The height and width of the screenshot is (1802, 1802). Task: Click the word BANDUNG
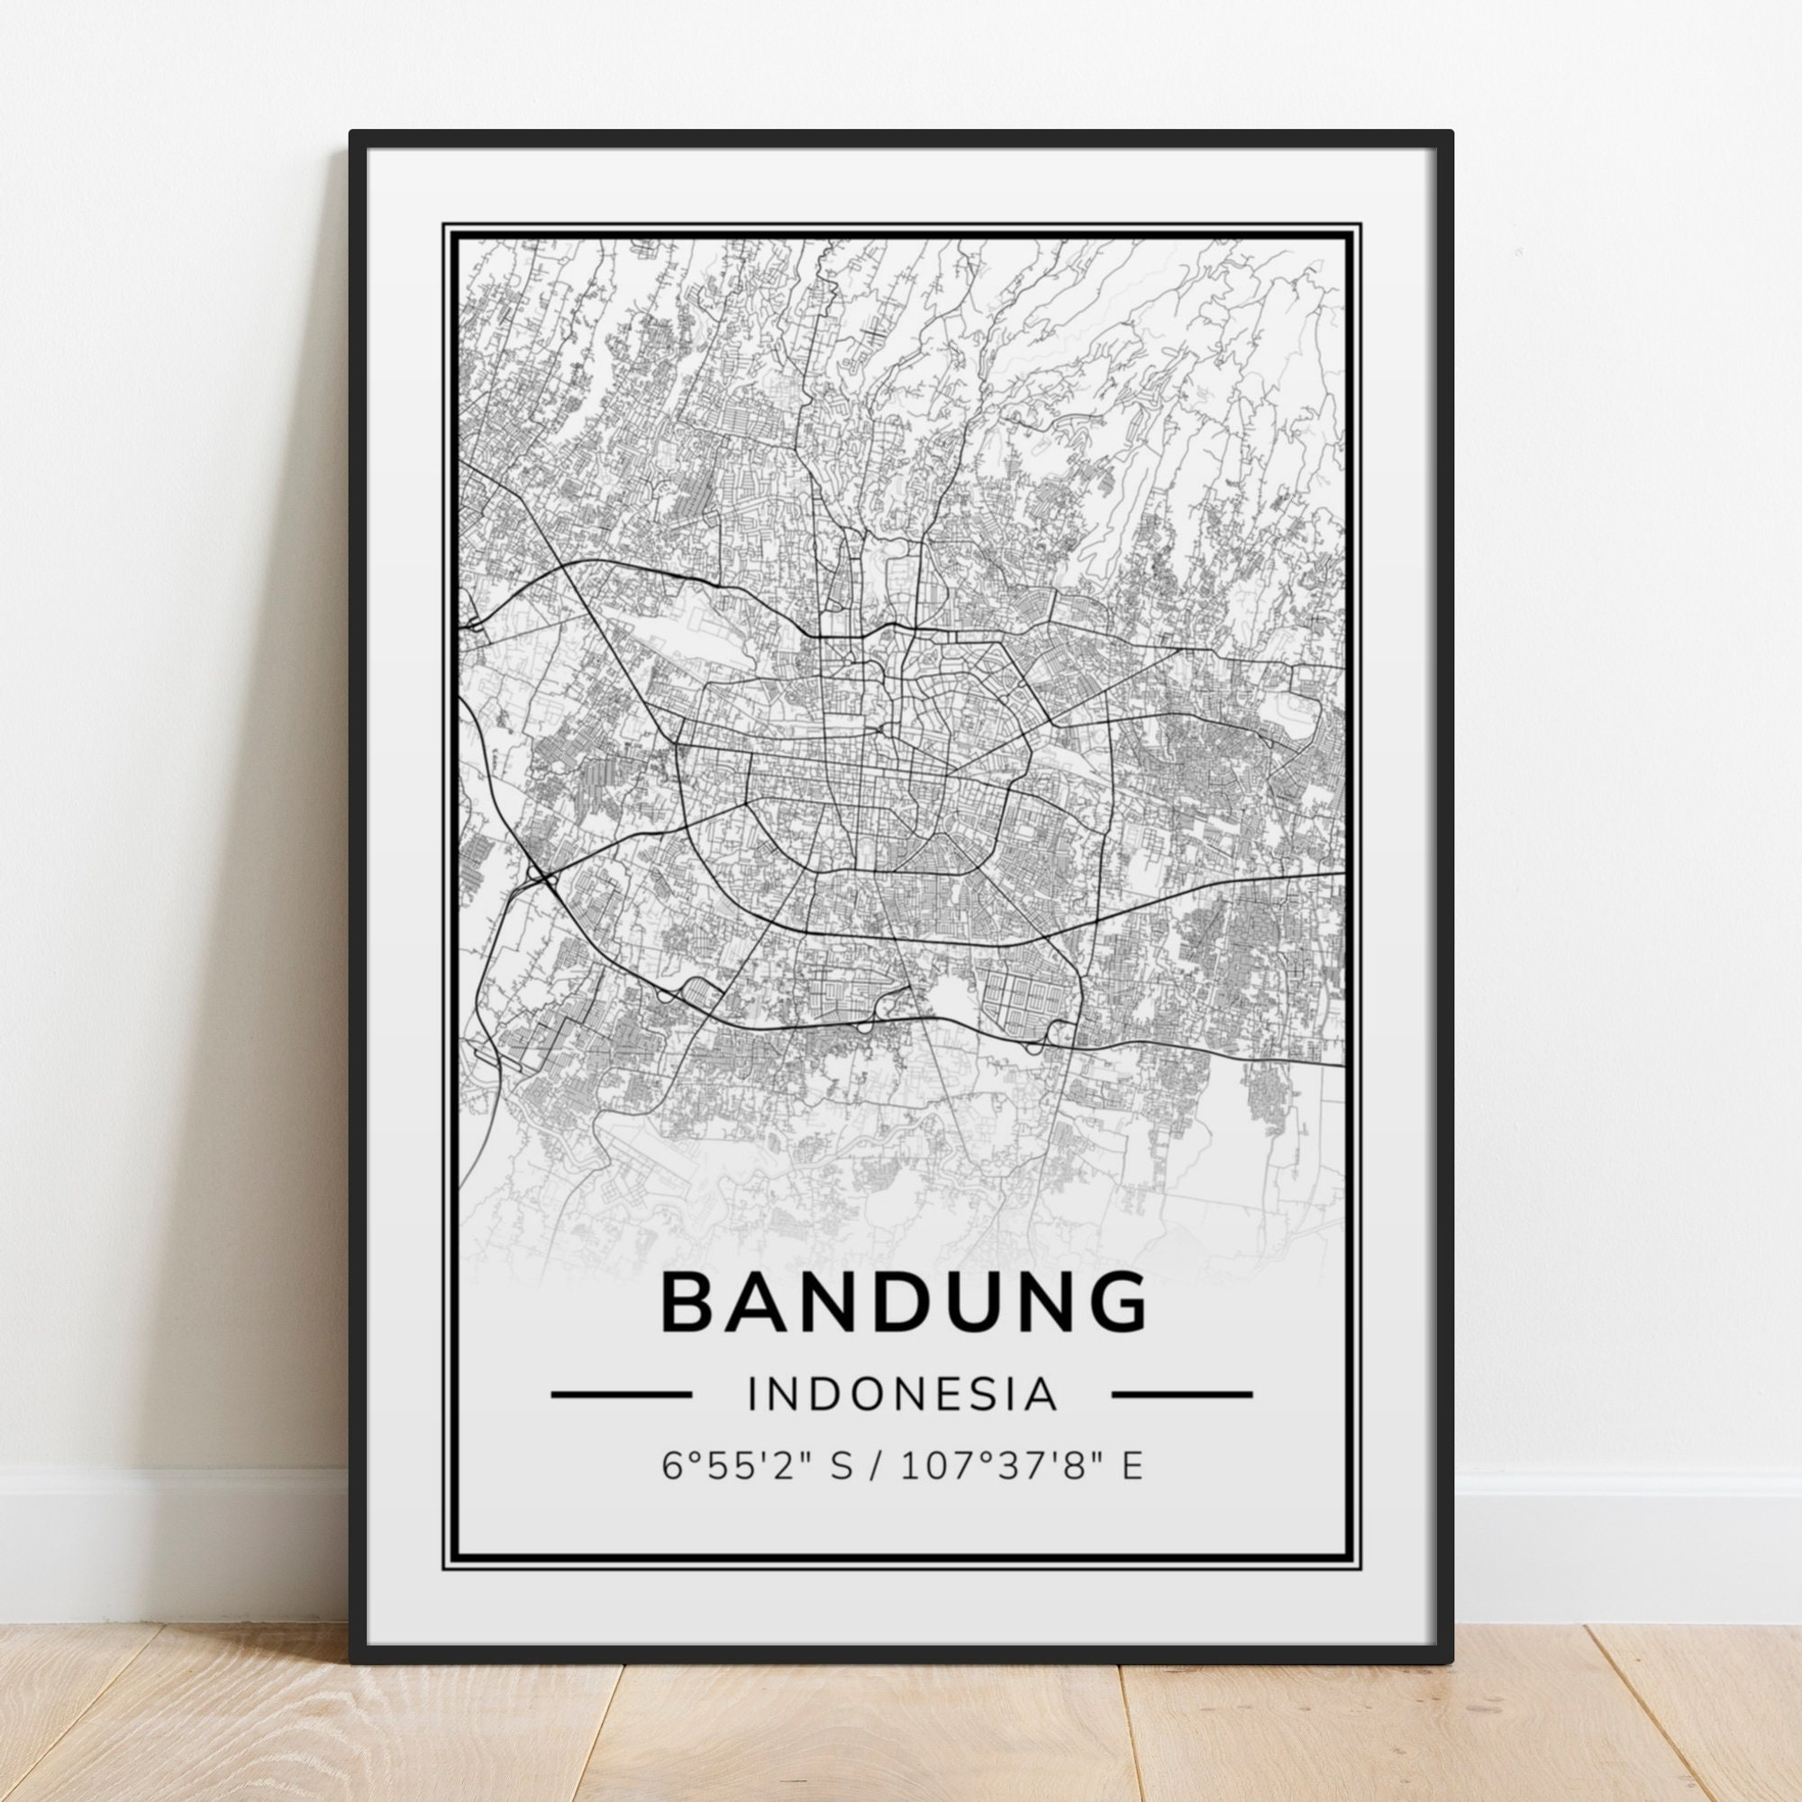pos(903,1304)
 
